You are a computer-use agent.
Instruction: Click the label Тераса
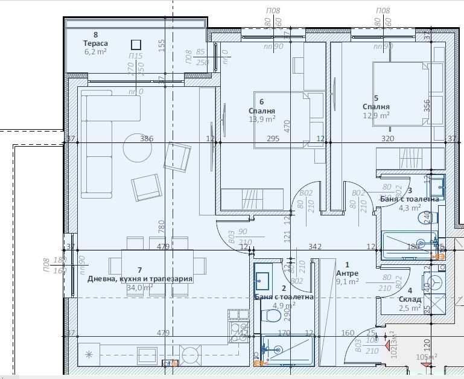click(95, 43)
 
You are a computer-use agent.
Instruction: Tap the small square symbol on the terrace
click(136, 44)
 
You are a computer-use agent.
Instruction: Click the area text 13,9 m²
click(262, 119)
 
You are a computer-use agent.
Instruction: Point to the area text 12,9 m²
click(376, 115)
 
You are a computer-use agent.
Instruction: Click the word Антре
click(347, 273)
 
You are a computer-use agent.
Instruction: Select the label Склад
click(410, 299)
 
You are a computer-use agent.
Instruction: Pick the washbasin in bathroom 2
click(264, 279)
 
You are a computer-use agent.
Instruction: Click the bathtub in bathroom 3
click(407, 244)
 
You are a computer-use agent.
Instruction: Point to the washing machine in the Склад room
click(436, 282)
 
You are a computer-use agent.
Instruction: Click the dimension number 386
click(147, 139)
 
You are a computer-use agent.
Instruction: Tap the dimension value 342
click(314, 246)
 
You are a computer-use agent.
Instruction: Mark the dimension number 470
click(287, 126)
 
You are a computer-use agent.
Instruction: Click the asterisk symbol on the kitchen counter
click(90, 354)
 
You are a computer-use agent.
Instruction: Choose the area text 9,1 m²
click(347, 281)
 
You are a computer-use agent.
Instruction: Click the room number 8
click(95, 35)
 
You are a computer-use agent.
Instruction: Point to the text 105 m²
click(426, 357)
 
